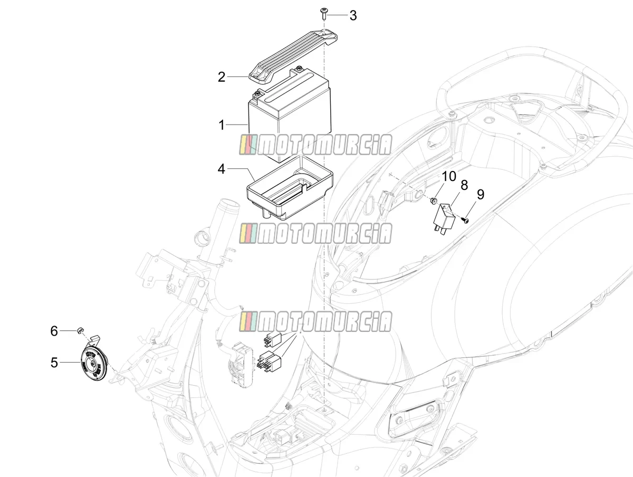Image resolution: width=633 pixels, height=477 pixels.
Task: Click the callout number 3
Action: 353,15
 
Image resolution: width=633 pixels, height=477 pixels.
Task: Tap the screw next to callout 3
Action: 324,14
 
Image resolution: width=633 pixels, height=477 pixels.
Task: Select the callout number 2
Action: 221,77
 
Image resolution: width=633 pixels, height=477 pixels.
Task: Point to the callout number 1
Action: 222,125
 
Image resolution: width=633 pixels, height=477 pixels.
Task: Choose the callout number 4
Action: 221,169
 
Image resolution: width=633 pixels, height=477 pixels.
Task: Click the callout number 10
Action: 449,176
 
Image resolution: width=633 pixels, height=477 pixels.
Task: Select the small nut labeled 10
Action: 433,200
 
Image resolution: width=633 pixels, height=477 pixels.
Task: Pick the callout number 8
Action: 464,185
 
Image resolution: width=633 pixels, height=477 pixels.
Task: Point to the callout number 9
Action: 480,194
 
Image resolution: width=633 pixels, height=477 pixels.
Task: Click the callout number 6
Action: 54,331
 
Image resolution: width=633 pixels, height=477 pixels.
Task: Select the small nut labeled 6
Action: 80,330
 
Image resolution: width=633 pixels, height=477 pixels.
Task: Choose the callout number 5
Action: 54,362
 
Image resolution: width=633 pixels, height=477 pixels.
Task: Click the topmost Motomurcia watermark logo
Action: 315,145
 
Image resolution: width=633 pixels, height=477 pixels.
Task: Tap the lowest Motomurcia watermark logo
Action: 315,321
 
